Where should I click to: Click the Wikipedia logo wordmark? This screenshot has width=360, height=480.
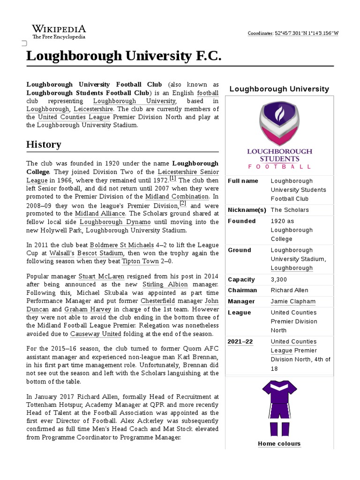58,29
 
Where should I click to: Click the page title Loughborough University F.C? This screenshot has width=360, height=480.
123,56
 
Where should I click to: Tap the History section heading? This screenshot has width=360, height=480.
44,144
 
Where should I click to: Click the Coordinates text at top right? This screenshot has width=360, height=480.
292,33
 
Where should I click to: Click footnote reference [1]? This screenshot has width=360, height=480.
172,178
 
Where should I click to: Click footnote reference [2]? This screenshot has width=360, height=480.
183,203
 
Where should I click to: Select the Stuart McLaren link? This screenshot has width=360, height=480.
101,277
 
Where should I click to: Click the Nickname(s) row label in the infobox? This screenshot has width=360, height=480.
247,210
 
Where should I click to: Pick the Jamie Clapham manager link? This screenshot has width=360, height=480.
293,301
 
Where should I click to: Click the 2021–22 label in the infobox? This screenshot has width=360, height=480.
240,342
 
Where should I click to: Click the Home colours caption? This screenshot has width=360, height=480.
279,444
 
